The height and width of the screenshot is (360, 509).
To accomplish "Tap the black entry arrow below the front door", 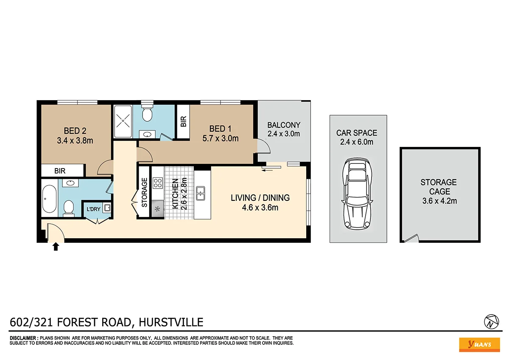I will pos(55,247).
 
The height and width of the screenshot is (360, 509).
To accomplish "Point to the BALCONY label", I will pos(284,125).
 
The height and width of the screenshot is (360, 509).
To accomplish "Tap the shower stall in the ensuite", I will pos(123,121).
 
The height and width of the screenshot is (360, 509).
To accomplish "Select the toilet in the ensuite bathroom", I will pos(147,113).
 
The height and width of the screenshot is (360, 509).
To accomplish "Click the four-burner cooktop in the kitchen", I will pos(158,183).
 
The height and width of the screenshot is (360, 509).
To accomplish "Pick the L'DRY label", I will pos(93,209).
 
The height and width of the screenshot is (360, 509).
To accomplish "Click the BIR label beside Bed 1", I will pos(183,122).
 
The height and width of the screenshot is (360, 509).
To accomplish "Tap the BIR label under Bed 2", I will pos(60,171).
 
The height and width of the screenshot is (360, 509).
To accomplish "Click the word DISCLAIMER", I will pos(23,337).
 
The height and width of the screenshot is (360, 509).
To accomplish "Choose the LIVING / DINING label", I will pos(260,197).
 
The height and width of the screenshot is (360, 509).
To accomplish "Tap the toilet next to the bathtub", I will pos(68,207).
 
